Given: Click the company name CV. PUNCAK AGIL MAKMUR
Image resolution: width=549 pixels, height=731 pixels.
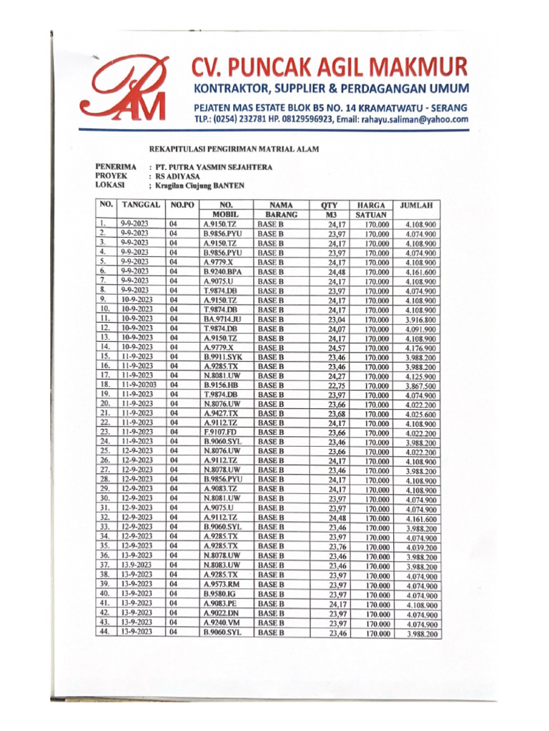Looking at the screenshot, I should tap(330, 68).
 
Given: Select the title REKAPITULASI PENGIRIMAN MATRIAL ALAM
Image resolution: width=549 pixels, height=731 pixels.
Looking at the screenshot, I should tap(233, 149).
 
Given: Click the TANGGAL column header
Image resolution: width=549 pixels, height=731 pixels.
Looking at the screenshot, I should tap(140, 205).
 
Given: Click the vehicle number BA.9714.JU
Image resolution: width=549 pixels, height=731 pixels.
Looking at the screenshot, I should tap(222, 319).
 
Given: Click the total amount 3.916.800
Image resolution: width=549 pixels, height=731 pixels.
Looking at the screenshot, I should tap(421, 320).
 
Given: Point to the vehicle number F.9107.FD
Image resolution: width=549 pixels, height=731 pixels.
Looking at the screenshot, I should tap(219, 432).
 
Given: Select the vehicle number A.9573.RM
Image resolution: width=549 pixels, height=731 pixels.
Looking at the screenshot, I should tap(222, 583).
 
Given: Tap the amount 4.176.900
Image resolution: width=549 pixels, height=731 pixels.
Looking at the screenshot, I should tap(421, 348).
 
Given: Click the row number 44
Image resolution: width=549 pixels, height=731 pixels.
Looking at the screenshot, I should tap(104, 631).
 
